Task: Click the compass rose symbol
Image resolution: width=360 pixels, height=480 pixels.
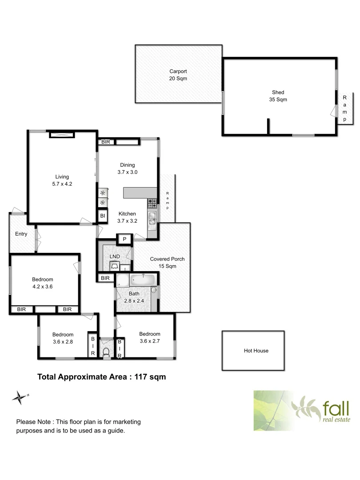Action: coord(19,397)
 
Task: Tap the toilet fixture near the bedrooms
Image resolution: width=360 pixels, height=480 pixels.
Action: coord(106,352)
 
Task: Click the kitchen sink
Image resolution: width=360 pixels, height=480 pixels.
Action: coord(152,218)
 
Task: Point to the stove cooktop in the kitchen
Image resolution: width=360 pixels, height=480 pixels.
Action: coord(152,204)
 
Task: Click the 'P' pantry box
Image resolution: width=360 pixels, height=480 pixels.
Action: coord(124,240)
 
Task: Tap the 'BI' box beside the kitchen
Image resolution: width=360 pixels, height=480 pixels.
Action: coord(103,216)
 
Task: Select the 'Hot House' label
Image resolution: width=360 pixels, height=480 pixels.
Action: coord(256,351)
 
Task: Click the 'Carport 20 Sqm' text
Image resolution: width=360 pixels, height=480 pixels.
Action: coord(178,75)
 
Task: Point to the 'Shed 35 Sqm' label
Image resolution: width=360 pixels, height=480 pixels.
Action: coord(278,96)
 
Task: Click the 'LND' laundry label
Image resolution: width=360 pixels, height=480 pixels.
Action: coord(114,257)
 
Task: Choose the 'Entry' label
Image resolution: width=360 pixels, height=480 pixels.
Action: coord(21,234)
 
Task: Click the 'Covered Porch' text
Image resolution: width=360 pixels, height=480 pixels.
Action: coord(167,259)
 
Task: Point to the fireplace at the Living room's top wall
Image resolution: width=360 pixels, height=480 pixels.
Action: coord(62,135)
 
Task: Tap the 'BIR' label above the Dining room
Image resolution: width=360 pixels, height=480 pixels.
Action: coord(106,142)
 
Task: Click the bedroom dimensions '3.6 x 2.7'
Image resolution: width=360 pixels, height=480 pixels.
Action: coord(149,341)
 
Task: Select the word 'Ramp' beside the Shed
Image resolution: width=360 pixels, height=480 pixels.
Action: coord(344,108)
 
